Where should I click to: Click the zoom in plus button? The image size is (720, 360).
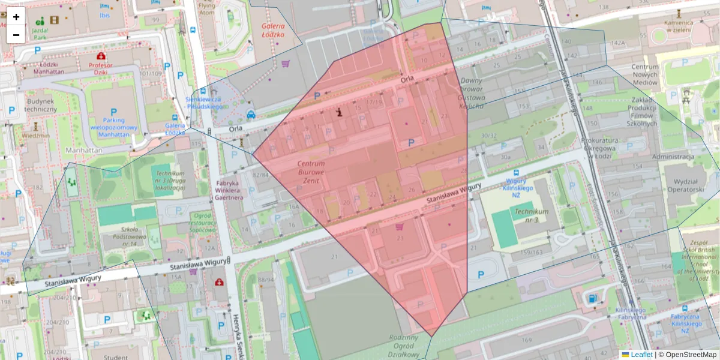pyautogui.click(x=16, y=17)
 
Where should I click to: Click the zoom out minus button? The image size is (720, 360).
pyautogui.click(x=16, y=34)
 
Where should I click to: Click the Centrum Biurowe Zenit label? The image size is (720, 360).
pyautogui.click(x=311, y=172)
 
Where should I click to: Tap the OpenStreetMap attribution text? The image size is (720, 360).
pyautogui.click(x=689, y=355)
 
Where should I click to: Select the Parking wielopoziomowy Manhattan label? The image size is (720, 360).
pyautogui.click(x=113, y=127)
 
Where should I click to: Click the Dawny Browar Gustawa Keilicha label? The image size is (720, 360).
pyautogui.click(x=470, y=93)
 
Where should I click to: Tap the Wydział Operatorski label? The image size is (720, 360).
pyautogui.click(x=680, y=185)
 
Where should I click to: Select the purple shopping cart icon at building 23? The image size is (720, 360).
pyautogui.click(x=400, y=227)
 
